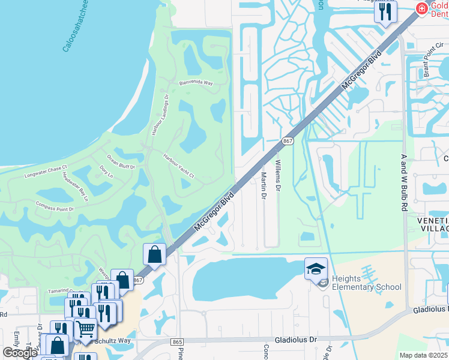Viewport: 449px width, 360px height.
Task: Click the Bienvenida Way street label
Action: (196, 84)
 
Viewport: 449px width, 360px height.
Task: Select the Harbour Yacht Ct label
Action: (179, 166)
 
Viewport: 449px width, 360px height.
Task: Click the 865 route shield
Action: (176, 341)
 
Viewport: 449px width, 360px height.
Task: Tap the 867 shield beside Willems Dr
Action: (288, 141)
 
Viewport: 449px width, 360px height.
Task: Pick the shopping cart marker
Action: (85, 329)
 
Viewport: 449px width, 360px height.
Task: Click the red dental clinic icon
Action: (421, 8)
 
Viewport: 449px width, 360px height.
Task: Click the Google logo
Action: (20, 353)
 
